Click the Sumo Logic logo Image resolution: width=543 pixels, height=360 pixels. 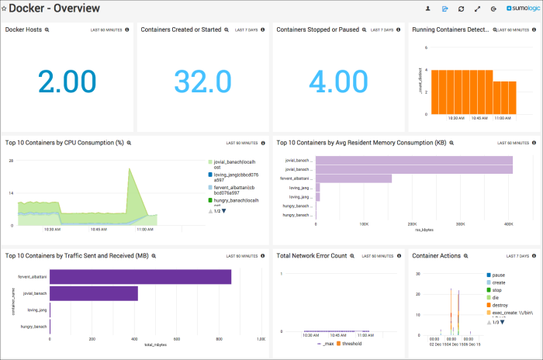click(x=521, y=9)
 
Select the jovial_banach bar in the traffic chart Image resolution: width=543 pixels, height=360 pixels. click(x=94, y=293)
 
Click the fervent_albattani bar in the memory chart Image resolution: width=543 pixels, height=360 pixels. click(x=353, y=178)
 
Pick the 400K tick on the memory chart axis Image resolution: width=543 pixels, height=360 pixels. click(x=506, y=225)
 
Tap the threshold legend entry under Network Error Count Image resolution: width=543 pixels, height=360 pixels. click(x=355, y=343)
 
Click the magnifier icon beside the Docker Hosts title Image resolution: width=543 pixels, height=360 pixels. click(x=47, y=29)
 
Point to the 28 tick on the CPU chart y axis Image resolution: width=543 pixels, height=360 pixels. click(x=11, y=161)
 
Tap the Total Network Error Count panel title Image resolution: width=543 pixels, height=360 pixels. click(x=311, y=255)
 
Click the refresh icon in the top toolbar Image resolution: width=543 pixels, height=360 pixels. click(x=462, y=9)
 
